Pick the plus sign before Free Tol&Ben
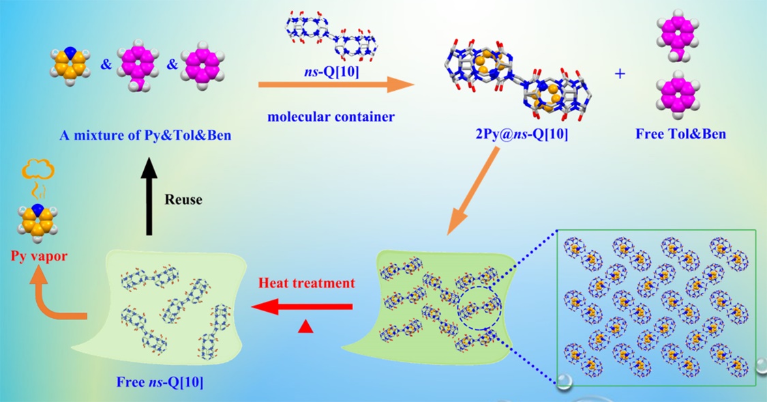coord(620,73)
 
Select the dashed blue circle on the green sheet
coord(479,311)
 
